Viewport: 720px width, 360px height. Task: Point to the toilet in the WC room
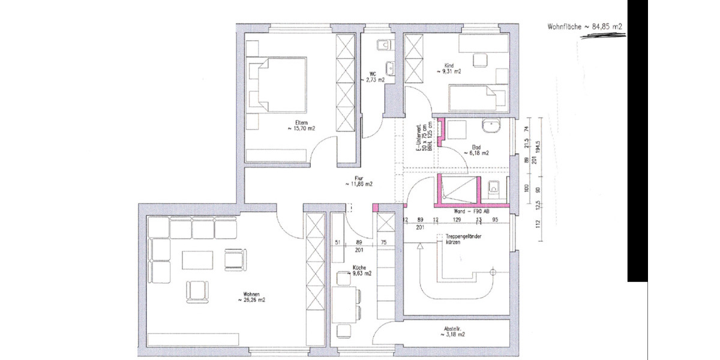pos(384,44)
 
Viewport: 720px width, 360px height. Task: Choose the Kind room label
pos(452,68)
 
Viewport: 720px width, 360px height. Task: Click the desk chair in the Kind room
pos(479,59)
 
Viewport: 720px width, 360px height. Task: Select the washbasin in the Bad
pos(491,127)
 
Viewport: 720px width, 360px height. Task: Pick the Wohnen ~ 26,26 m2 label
pos(251,296)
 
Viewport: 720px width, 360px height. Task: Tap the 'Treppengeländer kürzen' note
pos(463,241)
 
